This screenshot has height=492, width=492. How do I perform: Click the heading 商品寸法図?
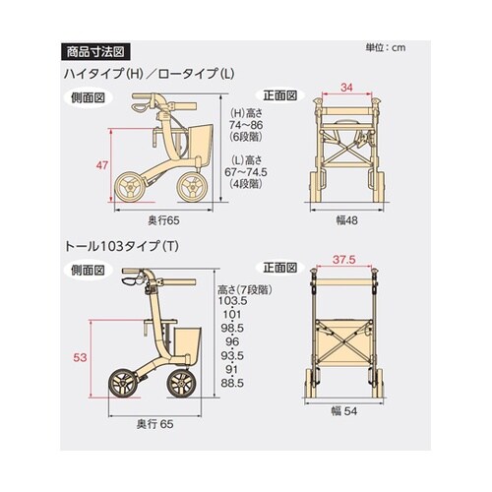point(95,50)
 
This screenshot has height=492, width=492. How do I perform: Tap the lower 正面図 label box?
point(277,268)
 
